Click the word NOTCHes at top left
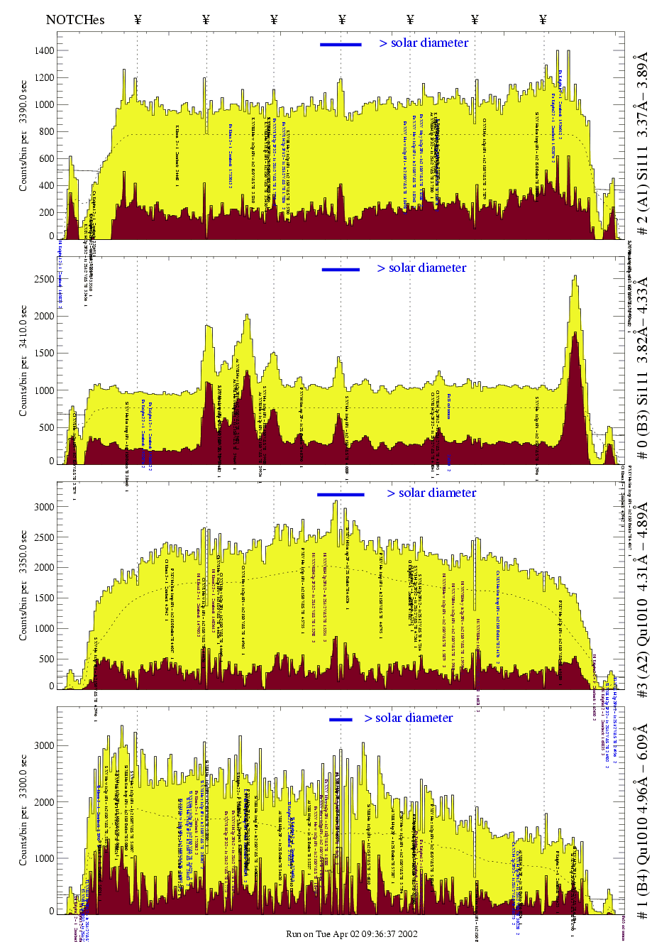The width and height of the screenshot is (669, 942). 74,20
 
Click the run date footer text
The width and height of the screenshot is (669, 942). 351,933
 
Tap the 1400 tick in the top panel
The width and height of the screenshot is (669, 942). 44,50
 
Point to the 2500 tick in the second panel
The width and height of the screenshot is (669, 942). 44,279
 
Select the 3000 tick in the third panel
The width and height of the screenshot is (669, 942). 44,507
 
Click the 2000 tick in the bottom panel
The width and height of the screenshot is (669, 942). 44,802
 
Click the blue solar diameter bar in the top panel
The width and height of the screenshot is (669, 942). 341,45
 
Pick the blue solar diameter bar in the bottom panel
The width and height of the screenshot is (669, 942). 341,720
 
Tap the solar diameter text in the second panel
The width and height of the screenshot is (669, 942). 422,268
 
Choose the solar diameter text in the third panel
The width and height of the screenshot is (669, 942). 432,493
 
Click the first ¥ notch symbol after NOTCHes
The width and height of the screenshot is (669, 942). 138,20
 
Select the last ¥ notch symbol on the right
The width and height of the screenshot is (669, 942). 543,20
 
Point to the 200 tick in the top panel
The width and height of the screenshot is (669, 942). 47,212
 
